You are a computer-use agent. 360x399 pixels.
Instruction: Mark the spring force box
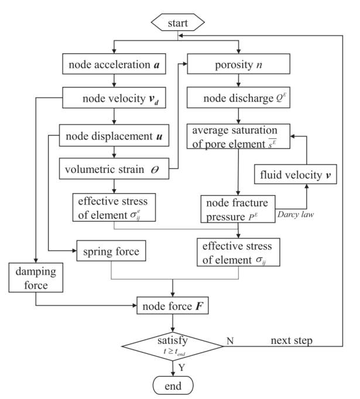pos(112,253)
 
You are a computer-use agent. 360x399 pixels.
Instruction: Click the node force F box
pos(172,305)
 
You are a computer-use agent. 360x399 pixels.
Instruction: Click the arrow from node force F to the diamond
pos(173,323)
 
